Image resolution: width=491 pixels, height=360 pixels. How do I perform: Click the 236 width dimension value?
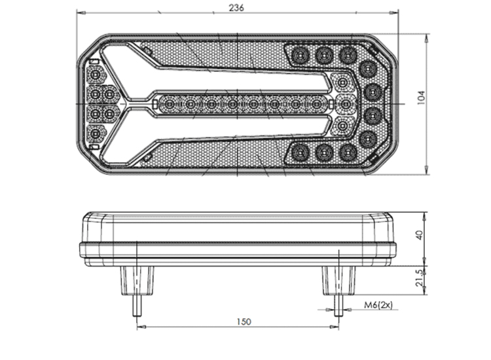pos(236,7)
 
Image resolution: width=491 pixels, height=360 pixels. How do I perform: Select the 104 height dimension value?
pos(421,98)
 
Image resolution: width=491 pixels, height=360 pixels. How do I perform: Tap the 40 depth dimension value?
pos(419,235)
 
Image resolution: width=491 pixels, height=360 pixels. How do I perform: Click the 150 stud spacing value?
pos(244,321)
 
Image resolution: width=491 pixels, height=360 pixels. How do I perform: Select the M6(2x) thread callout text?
pos(378,304)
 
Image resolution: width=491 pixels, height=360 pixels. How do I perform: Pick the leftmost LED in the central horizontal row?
pos(170,104)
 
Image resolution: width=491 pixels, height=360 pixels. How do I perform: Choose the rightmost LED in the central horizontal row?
pos(317,104)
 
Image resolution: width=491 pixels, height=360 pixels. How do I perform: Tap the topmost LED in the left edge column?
pos(95,75)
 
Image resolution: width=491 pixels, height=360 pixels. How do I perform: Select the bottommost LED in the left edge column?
pos(95,134)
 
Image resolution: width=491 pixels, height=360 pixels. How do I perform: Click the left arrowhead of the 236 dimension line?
pos(81,12)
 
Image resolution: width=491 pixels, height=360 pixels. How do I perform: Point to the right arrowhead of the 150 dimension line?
pos(335,327)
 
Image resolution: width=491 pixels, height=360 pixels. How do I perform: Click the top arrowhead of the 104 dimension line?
pos(426,38)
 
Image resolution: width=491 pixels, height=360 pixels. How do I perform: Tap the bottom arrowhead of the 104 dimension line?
pos(426,170)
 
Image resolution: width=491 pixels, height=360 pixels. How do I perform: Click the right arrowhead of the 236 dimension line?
pos(394,12)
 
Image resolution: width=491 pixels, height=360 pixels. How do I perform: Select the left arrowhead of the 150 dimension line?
pos(141,327)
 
